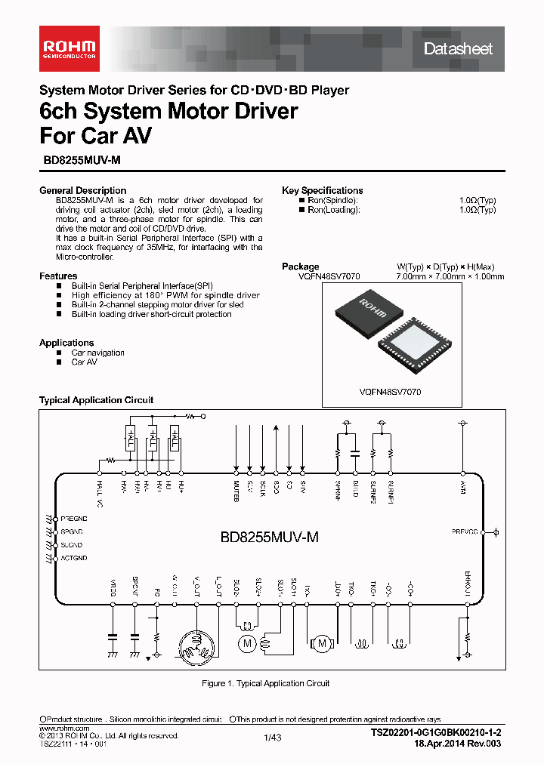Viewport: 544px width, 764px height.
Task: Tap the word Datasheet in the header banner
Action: click(458, 49)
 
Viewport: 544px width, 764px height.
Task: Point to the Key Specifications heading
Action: click(322, 190)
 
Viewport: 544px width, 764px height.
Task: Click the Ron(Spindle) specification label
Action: click(334, 200)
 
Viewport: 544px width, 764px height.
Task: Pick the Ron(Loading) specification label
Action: click(334, 210)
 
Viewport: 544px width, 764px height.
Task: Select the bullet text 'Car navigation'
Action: click(98, 353)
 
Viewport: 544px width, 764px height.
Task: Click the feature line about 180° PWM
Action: click(165, 295)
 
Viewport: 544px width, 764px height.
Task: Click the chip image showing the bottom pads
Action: click(416, 343)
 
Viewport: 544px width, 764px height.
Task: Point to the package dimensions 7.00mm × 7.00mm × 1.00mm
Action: click(450, 277)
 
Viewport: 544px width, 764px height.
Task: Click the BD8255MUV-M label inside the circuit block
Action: click(269, 537)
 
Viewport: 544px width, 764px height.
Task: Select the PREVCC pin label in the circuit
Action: click(465, 531)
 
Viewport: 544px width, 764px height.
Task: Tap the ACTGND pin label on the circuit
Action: click(73, 558)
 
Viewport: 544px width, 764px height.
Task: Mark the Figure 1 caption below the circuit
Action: click(265, 683)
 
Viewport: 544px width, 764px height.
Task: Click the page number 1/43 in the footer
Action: click(272, 738)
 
